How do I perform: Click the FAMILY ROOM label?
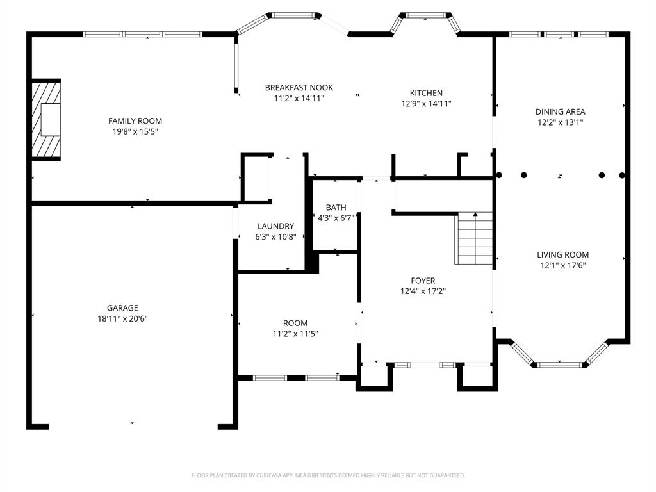135,120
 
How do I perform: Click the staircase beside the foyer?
474,238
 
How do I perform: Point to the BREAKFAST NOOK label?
299,88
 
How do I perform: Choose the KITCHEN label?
426,93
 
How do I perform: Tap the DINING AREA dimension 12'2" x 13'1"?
561,122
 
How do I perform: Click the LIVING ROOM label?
562,254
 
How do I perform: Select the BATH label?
336,208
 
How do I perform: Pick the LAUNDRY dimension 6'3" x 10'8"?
275,237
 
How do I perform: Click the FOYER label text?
423,281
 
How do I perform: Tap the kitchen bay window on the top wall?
425,15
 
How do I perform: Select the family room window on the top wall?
143,34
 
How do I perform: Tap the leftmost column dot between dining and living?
498,175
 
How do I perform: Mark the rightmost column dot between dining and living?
621,175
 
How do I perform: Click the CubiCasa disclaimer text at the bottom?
328,475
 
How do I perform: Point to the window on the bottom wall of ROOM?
296,377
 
